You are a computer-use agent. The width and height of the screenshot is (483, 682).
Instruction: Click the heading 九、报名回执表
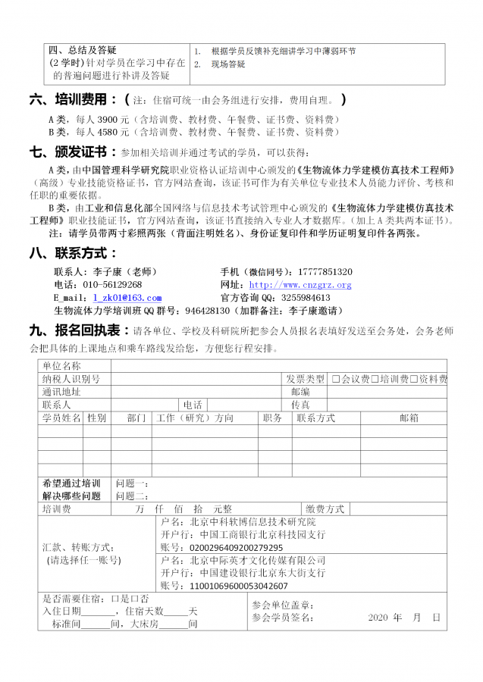coord(79,331)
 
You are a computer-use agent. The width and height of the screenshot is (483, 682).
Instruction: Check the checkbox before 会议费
coord(336,379)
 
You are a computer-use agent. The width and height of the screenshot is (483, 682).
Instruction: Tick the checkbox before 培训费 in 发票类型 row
coord(375,379)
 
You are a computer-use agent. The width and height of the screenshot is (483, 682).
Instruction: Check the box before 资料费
coord(414,379)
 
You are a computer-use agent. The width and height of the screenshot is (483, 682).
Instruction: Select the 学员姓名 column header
coord(61,418)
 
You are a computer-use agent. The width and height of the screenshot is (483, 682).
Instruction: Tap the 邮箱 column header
coord(409,418)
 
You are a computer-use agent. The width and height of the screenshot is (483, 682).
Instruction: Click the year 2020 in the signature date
coord(378,618)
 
